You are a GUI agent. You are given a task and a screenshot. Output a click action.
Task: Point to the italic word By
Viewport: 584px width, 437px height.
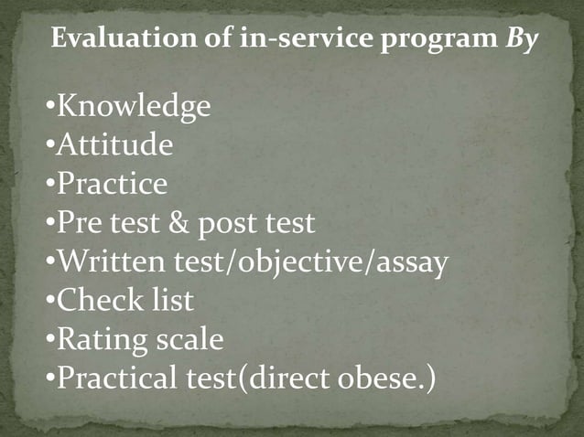516,41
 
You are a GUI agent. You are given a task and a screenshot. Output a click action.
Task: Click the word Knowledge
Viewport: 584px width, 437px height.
134,108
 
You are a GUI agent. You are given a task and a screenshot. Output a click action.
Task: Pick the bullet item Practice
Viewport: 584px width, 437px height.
113,185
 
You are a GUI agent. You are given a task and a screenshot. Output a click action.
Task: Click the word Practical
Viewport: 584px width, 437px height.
114,378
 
